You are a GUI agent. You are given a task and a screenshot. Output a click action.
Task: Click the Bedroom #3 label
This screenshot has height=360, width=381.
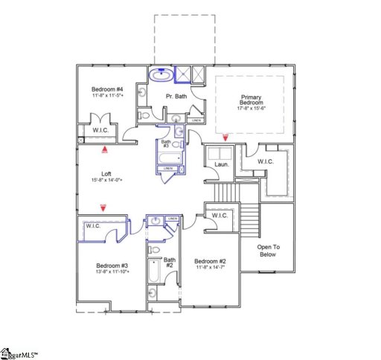112,266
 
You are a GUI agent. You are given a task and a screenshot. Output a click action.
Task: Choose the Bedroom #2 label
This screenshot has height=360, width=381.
210,261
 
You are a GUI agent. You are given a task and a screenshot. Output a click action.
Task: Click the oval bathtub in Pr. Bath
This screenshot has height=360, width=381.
160,75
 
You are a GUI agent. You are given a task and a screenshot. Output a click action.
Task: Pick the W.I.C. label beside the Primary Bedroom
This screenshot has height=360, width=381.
265,161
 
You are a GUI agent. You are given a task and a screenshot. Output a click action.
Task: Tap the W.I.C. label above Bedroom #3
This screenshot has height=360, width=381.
94,225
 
